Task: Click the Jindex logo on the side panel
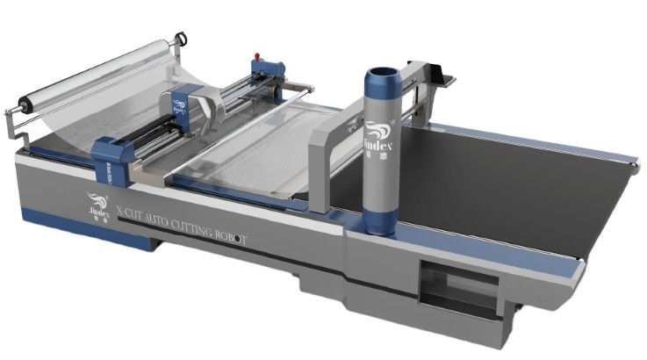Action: pos(97,205)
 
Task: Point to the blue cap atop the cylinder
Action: pos(384,75)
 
